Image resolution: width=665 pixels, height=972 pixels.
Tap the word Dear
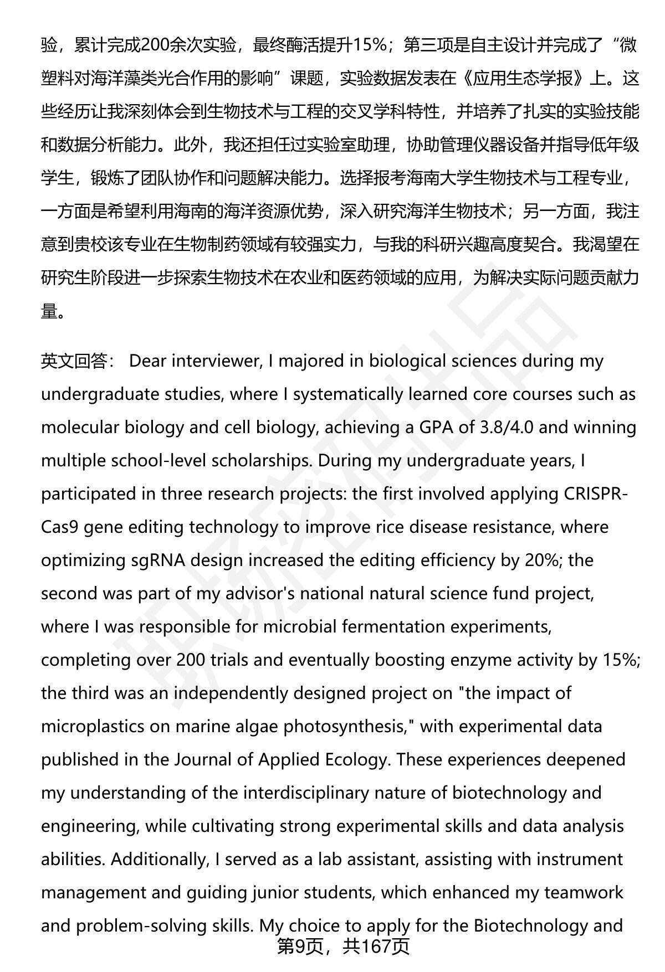[148, 361]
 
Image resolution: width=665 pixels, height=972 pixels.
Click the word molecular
[79, 428]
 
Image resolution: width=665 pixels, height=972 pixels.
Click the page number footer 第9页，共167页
[343, 946]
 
